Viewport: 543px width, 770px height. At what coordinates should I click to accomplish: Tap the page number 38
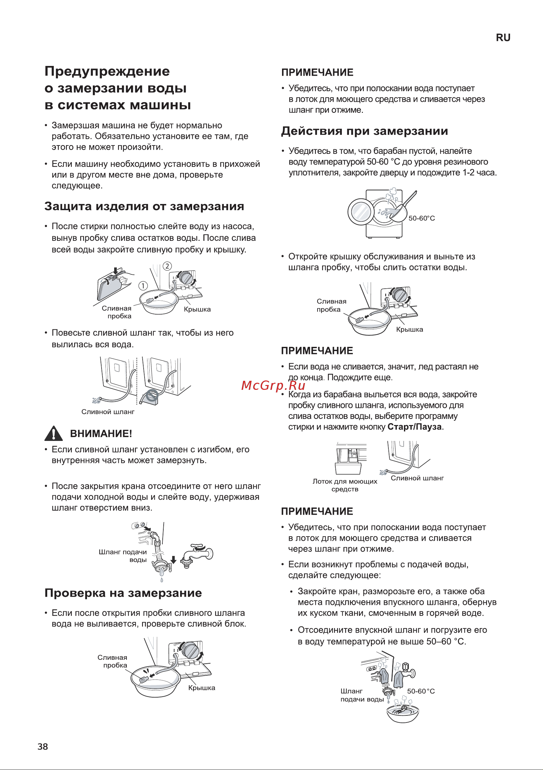pos(43,746)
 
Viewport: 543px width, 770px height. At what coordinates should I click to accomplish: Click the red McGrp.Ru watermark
pos(273,385)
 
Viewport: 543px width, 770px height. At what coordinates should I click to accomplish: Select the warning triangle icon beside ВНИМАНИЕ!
pos(53,433)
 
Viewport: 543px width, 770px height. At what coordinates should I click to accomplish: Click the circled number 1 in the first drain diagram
pos(143,286)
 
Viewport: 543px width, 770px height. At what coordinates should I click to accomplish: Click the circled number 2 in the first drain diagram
pos(167,266)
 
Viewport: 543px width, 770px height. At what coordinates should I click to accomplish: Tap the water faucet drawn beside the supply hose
pos(198,555)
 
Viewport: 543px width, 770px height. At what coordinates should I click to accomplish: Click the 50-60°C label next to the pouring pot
pos(421,218)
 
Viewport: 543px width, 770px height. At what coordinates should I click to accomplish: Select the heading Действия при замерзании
pos(364,131)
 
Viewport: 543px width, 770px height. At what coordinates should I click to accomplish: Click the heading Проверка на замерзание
pos(123,593)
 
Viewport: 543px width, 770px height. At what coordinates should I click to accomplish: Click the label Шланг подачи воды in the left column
pos(123,556)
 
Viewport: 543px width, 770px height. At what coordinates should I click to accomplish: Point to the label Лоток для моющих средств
pos(345,485)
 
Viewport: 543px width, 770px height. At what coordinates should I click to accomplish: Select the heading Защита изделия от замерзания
pos(144,206)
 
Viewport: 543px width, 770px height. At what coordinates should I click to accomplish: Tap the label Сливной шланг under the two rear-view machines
pos(108,412)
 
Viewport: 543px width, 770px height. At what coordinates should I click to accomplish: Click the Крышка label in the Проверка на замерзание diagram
pos(201,688)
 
